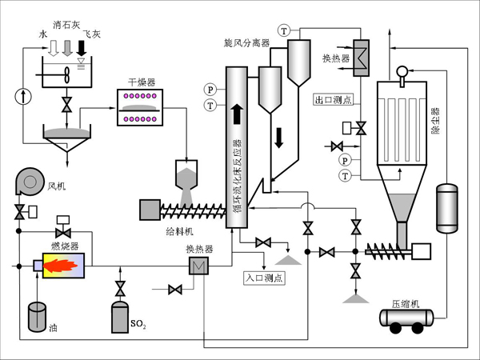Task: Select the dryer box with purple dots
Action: click(x=143, y=107)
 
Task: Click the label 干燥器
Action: click(x=142, y=82)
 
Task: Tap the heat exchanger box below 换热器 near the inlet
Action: click(x=197, y=266)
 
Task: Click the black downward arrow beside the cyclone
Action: click(x=279, y=137)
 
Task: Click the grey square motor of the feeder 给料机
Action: click(x=150, y=210)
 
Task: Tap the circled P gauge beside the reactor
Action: click(x=210, y=89)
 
